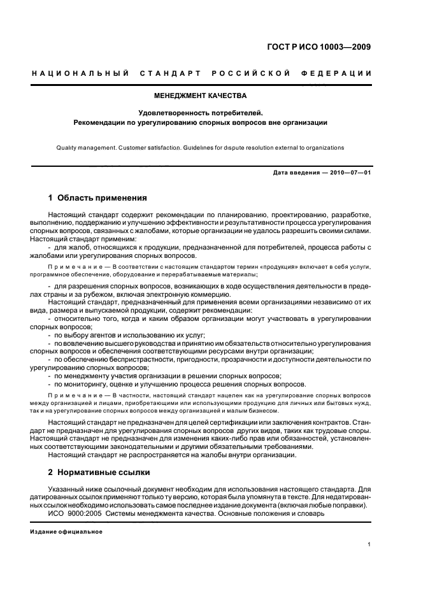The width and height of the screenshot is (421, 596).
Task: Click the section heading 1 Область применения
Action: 97,198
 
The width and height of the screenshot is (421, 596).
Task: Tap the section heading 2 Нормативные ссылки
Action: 99,472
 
